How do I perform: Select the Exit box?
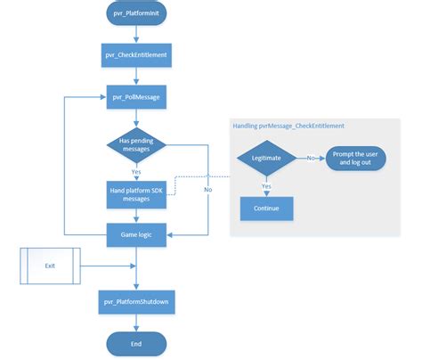(x=50, y=266)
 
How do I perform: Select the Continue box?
(x=267, y=209)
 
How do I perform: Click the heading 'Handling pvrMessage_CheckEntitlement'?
(x=288, y=126)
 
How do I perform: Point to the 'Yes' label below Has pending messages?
(x=135, y=172)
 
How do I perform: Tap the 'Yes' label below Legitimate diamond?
(x=267, y=186)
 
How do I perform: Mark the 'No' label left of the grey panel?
(x=207, y=189)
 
